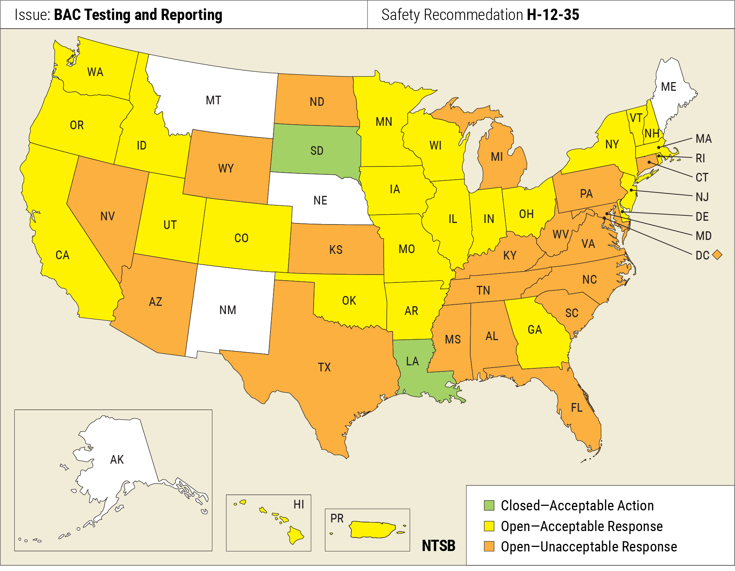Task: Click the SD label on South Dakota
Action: coord(317,151)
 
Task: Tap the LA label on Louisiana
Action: coord(412,361)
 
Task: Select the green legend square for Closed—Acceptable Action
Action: coord(489,505)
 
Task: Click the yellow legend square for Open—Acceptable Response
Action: coord(489,526)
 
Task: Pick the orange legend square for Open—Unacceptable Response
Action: coord(489,547)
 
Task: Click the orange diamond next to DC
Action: coord(717,255)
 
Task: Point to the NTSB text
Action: coord(438,546)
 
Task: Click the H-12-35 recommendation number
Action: coord(553,15)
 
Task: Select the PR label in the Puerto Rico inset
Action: coord(337,519)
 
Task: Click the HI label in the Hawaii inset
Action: coord(299,505)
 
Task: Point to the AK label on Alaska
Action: coord(117,460)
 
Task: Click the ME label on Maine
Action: coord(668,87)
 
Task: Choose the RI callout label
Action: coord(700,158)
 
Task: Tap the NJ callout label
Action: coord(702,197)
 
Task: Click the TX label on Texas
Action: coord(324,367)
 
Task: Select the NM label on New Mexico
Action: coord(227,310)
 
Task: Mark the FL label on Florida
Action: coord(576,408)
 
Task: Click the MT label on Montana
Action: coord(213,101)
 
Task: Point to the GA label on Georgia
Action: coord(535,330)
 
